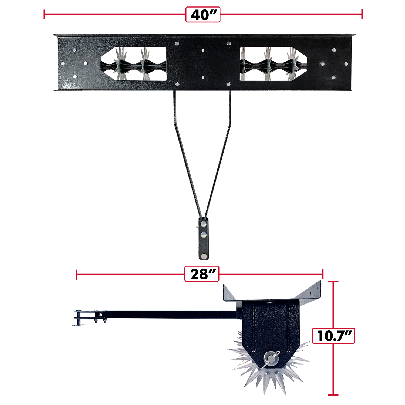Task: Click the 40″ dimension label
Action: [x=203, y=15]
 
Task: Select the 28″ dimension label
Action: [x=202, y=274]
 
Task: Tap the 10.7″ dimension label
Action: [x=333, y=336]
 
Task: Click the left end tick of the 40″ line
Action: [x=44, y=14]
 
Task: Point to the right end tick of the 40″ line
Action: [x=362, y=14]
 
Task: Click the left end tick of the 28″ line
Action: [x=76, y=274]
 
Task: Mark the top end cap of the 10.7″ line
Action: [x=333, y=282]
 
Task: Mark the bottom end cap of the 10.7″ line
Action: [x=333, y=395]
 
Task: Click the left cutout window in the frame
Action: [x=134, y=64]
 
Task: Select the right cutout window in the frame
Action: [x=273, y=64]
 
